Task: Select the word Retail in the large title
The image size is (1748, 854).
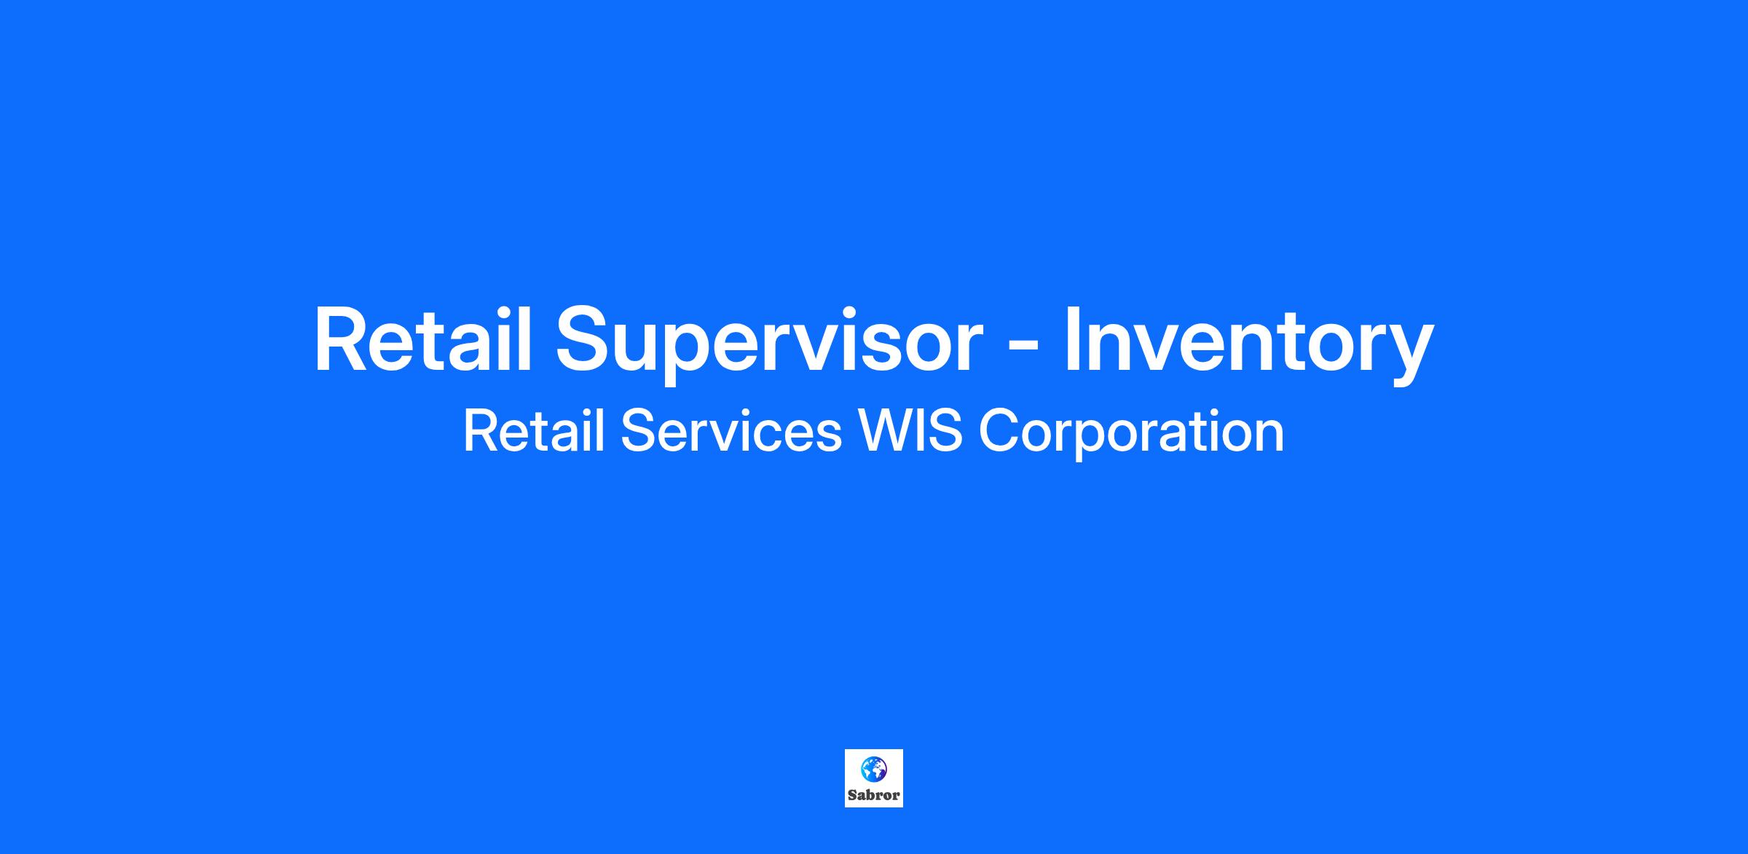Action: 423,339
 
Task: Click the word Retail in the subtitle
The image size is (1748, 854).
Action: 534,431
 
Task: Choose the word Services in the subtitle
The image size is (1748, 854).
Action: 731,431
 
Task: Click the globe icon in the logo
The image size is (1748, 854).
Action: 873,768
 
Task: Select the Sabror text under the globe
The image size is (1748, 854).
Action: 873,795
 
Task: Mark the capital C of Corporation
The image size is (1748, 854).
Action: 999,431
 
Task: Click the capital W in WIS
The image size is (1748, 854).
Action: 888,431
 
